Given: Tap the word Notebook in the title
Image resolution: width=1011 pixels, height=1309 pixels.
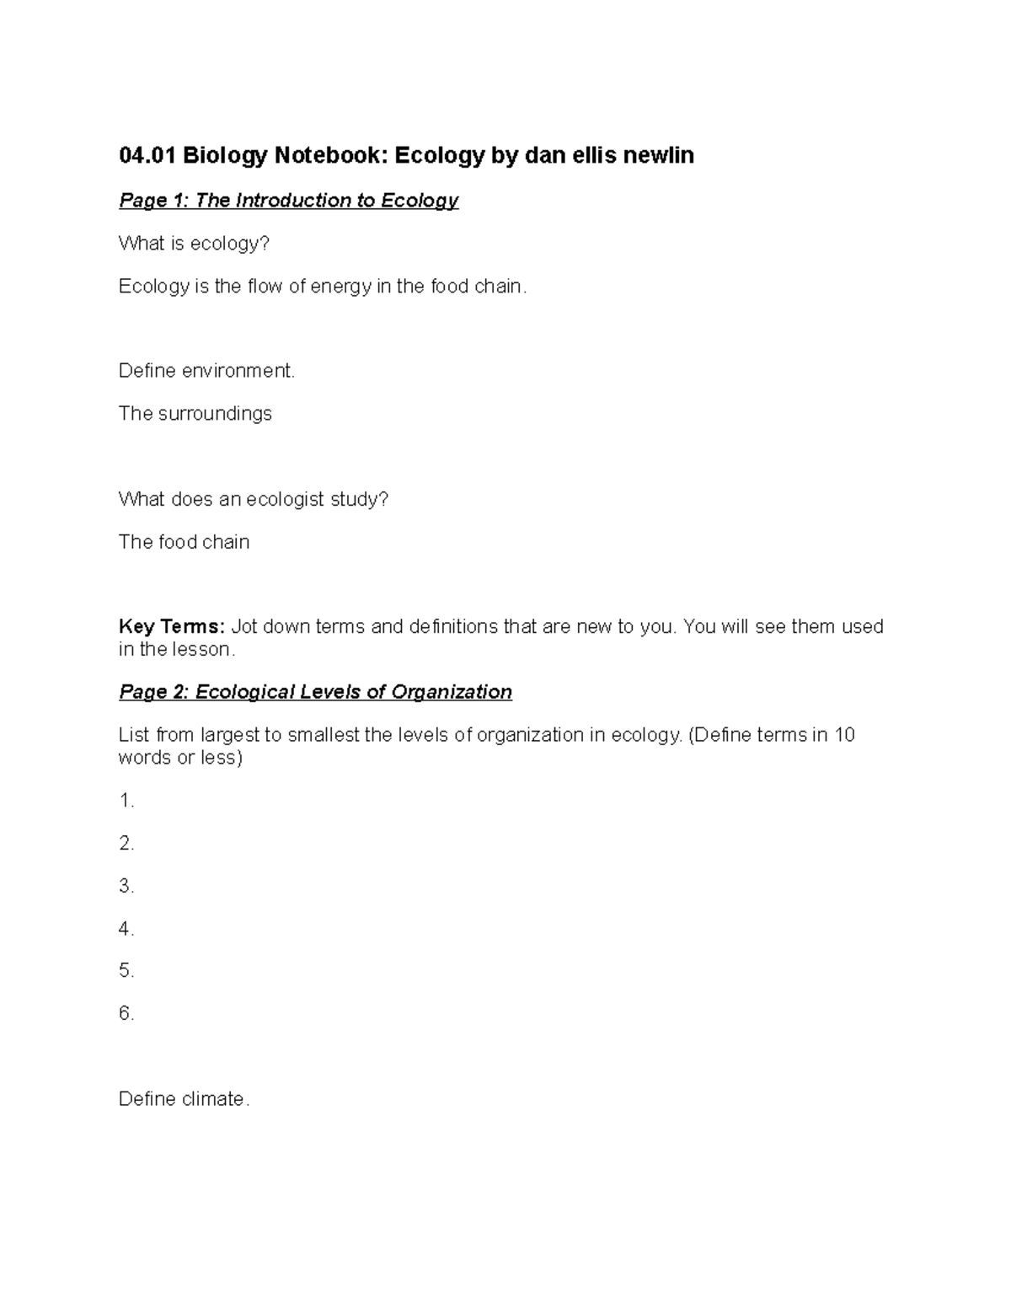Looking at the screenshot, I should tap(318, 155).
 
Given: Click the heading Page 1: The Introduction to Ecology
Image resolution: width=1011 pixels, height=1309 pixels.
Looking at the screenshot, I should tap(288, 201).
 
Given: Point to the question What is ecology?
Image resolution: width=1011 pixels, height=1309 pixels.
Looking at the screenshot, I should tap(194, 244).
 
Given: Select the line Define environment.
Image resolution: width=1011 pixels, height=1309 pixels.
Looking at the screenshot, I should tap(206, 371).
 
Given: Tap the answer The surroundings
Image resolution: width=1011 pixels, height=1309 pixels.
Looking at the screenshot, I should tap(195, 414).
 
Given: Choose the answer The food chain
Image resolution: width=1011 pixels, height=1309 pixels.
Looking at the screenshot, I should tap(184, 542).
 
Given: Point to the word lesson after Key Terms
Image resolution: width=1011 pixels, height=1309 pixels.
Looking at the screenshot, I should tap(203, 650).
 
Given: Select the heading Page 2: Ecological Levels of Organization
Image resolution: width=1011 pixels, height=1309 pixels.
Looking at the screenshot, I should tap(315, 692).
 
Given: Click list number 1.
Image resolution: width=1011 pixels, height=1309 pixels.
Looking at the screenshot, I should tap(126, 801).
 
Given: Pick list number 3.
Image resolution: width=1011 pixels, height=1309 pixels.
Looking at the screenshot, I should tap(126, 886).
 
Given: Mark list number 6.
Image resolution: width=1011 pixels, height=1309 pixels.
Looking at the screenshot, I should tap(126, 1014).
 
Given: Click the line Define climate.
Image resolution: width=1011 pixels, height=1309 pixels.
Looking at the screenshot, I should tap(184, 1099).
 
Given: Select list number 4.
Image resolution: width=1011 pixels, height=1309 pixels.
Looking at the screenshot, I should tap(126, 929).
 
